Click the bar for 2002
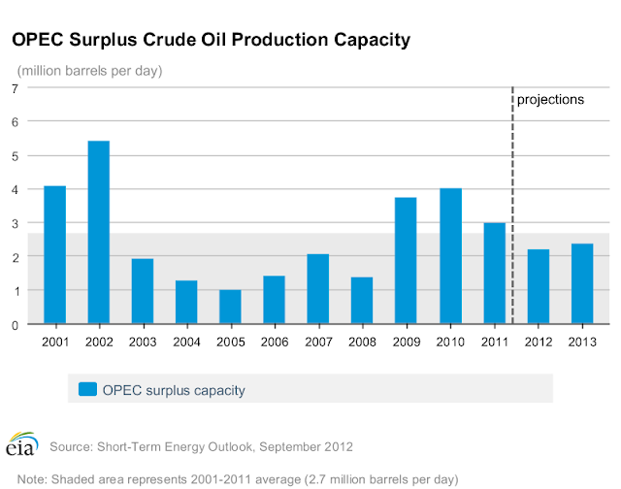99,232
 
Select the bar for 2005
230,307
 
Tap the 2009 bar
406,261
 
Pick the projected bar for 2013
582,283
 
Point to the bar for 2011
494,274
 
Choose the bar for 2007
318,289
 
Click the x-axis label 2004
186,342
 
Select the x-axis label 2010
450,342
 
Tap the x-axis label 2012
539,342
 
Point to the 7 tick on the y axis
16,88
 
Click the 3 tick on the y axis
16,224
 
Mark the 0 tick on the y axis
16,325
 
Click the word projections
550,99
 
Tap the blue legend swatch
87,389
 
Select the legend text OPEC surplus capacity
174,390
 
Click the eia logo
22,443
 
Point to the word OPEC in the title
38,40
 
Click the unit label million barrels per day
89,71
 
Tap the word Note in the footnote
32,479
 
